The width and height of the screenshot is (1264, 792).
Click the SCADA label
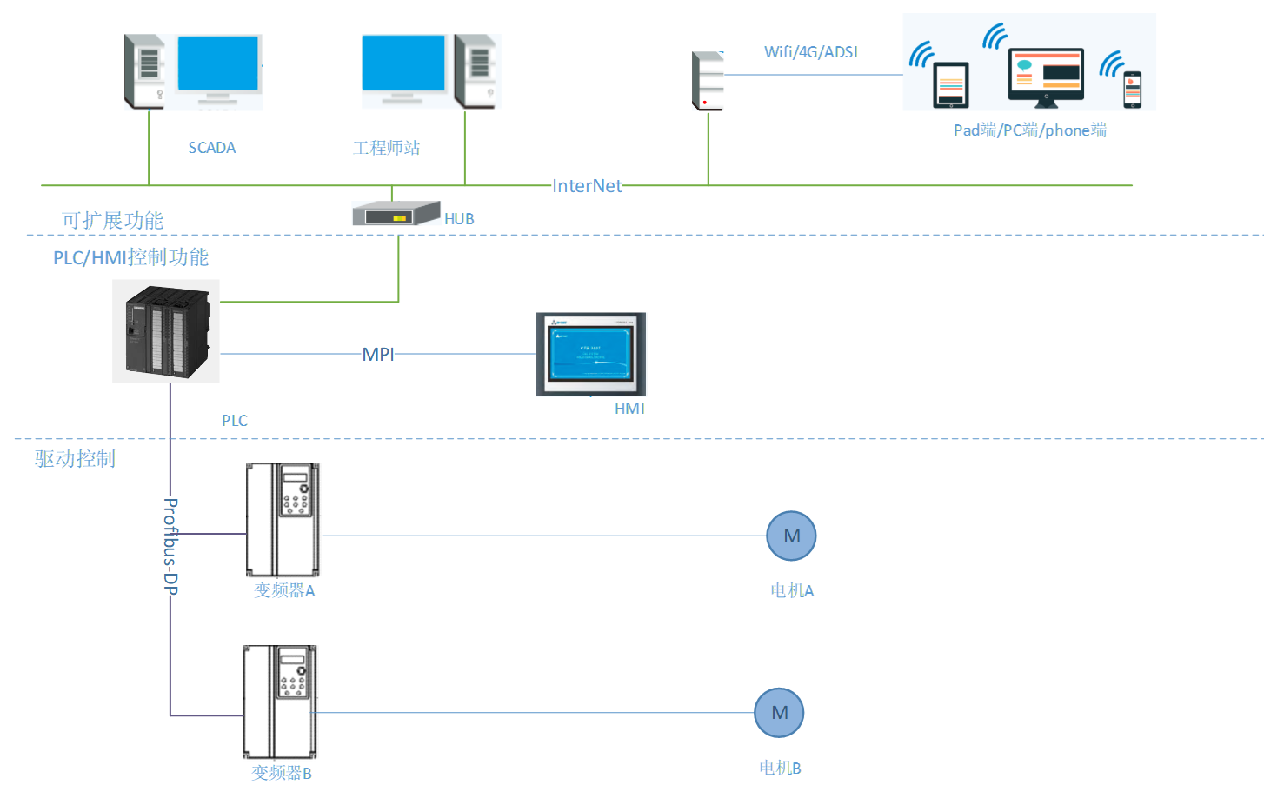click(212, 148)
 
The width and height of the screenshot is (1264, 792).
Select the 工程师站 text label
click(386, 148)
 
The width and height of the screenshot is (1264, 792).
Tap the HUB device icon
click(396, 214)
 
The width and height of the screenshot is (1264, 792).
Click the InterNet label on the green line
click(587, 186)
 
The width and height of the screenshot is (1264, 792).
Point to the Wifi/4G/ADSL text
click(812, 52)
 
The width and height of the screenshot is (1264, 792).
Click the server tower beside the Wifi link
click(708, 81)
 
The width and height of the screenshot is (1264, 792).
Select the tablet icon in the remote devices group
click(951, 85)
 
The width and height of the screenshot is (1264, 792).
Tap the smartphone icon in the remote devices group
click(1132, 90)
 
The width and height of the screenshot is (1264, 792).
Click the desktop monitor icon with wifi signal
click(1046, 77)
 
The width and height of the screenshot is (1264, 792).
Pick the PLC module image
click(166, 331)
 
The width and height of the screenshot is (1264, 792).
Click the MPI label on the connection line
click(378, 355)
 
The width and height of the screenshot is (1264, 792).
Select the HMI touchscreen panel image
click(590, 354)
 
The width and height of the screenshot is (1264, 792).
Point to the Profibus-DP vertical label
click(171, 546)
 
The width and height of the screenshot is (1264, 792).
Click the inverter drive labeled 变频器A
click(283, 520)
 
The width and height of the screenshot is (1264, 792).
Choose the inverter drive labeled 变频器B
click(280, 702)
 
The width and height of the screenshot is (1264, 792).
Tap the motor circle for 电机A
click(791, 536)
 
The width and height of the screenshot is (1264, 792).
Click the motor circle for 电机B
click(779, 713)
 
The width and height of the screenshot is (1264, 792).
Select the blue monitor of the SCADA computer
click(217, 64)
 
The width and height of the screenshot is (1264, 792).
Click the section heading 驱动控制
click(75, 459)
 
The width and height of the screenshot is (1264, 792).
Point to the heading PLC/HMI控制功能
click(130, 257)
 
